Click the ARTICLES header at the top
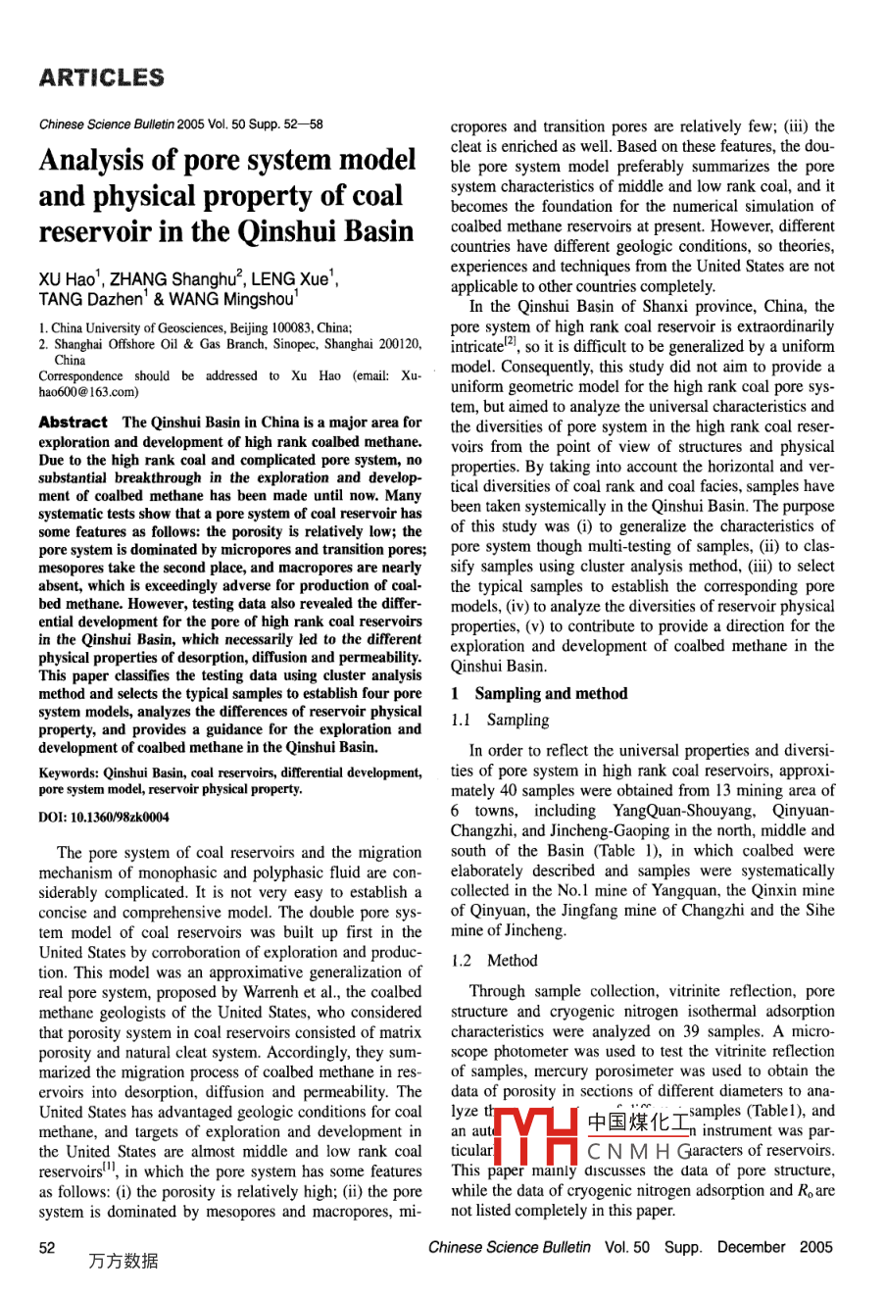coord(101,77)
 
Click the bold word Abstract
coord(73,423)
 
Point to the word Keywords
coord(69,772)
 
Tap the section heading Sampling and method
coord(551,693)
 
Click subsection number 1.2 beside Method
coord(464,961)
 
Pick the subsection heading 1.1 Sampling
coord(500,720)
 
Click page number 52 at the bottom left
coord(47,1247)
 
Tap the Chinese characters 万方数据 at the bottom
coord(123,1262)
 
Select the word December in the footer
coord(751,1247)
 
